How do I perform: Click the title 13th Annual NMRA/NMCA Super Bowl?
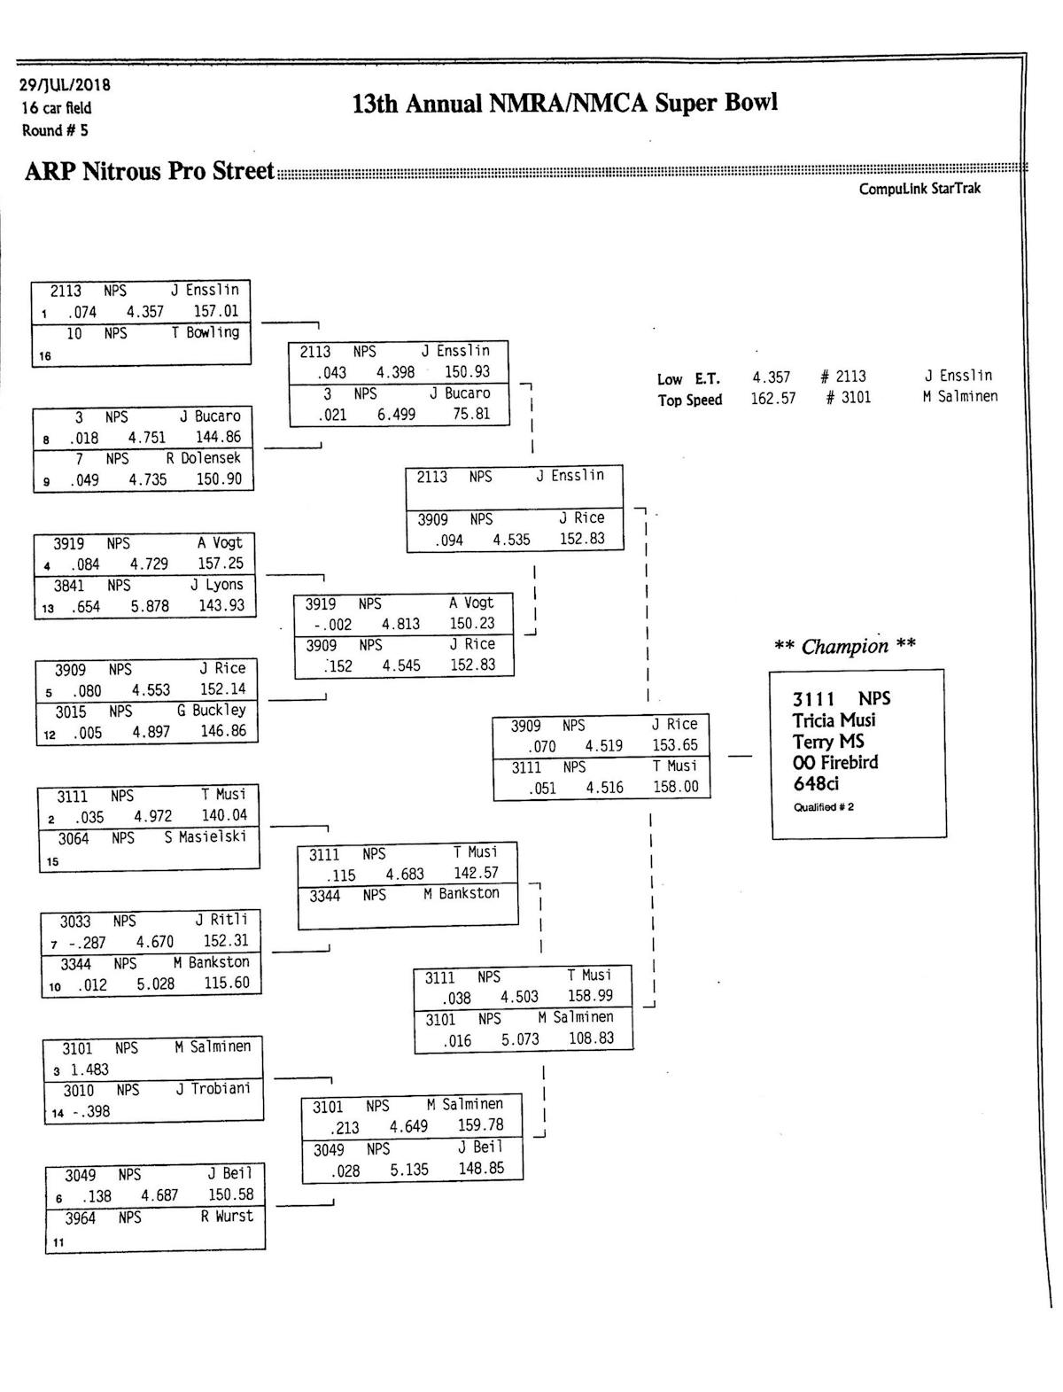tap(565, 104)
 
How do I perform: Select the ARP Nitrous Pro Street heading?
tap(149, 170)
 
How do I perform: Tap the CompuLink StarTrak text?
tap(919, 189)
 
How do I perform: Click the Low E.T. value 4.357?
tap(772, 377)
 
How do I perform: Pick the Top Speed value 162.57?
tap(772, 399)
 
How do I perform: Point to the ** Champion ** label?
tap(844, 646)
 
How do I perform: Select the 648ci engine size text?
tap(816, 783)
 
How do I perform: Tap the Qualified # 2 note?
tap(824, 807)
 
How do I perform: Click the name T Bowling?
tap(206, 333)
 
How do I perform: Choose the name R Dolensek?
tap(204, 459)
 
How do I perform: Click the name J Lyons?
tap(217, 586)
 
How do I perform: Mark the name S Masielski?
tap(206, 836)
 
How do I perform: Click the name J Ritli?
tap(221, 920)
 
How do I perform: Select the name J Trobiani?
tap(213, 1089)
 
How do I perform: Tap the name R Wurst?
tap(227, 1217)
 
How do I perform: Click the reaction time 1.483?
tap(89, 1069)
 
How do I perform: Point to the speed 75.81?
tap(471, 414)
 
